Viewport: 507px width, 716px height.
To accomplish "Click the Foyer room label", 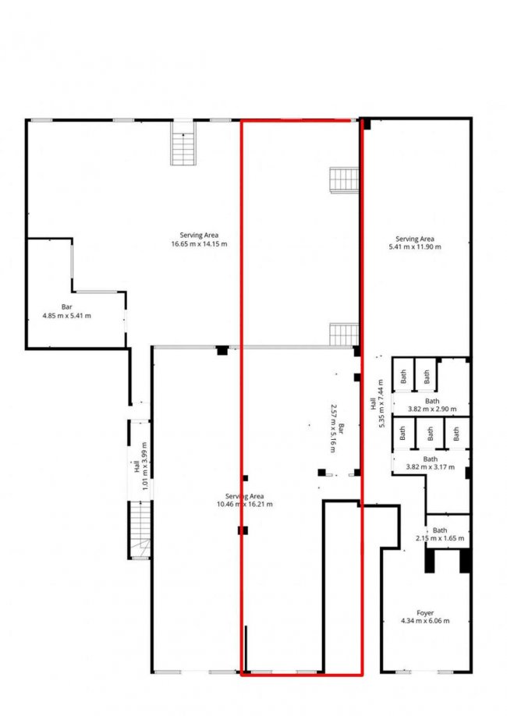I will (x=424, y=613).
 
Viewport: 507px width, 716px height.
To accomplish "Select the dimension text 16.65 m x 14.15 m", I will (x=199, y=244).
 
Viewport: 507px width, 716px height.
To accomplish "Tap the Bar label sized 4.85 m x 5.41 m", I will (x=66, y=307).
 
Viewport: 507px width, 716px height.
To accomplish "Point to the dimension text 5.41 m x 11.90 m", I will (x=414, y=247).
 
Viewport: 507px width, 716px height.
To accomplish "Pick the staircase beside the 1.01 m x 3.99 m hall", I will (x=140, y=530).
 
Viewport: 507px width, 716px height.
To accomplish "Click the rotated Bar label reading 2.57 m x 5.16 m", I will (x=337, y=429).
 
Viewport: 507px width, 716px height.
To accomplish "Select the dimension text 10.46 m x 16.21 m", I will (x=244, y=505).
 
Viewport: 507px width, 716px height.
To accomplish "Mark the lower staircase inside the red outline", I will (x=343, y=335).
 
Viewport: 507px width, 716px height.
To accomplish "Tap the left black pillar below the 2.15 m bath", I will (x=429, y=559).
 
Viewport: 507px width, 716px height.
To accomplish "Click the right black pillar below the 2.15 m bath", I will (x=465, y=559).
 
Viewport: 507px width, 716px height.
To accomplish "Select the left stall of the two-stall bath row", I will (x=403, y=375).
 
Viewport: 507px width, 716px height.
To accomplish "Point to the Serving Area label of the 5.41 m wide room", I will (x=414, y=239).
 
